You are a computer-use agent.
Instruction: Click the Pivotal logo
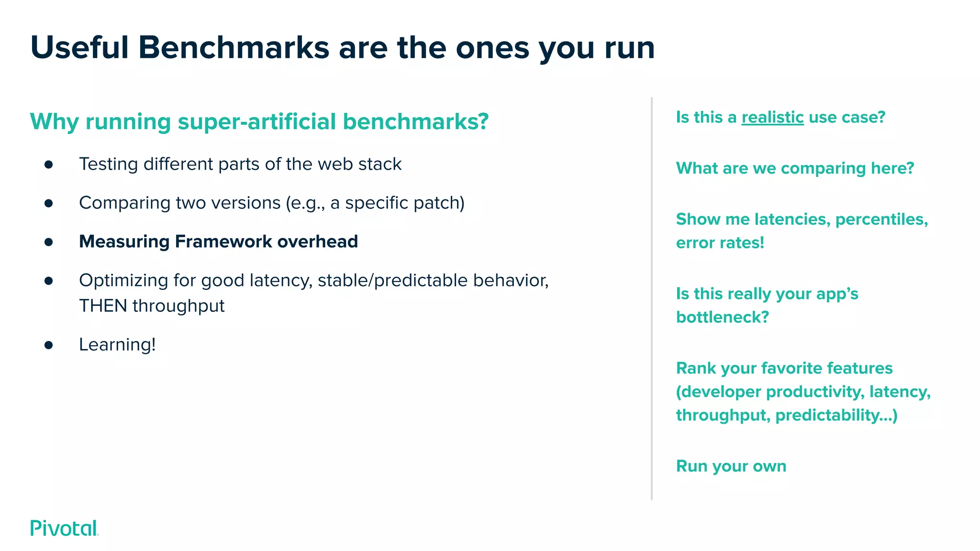[64, 528]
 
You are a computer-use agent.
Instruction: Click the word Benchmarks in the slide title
[234, 48]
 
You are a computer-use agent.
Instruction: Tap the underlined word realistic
[772, 117]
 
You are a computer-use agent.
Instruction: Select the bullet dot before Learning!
[48, 345]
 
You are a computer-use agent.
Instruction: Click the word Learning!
[117, 344]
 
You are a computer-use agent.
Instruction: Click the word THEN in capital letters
[103, 306]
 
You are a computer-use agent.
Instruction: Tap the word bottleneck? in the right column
[722, 317]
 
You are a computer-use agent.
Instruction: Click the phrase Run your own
[731, 466]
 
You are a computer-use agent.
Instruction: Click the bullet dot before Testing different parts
[48, 165]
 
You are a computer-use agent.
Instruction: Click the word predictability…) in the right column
[836, 415]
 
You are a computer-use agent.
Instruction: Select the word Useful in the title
[79, 48]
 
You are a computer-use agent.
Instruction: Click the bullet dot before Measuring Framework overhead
[48, 242]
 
